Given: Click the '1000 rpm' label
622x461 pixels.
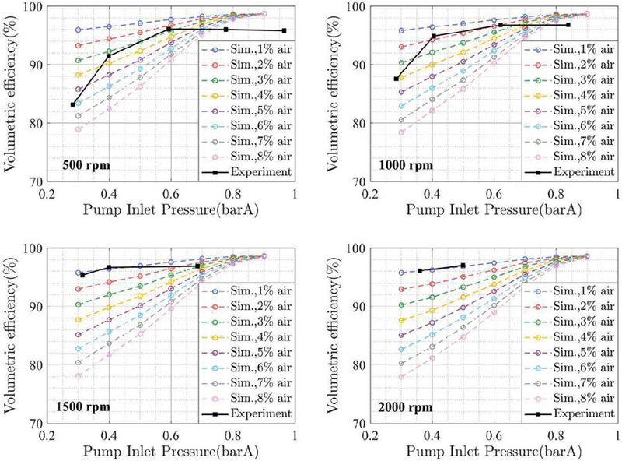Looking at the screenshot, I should point(406,165).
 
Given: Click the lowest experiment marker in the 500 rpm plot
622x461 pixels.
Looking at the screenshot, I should point(72,104).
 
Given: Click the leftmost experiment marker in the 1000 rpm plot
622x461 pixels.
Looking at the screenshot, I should point(397,79).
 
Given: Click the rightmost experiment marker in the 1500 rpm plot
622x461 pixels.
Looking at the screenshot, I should point(197,266).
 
